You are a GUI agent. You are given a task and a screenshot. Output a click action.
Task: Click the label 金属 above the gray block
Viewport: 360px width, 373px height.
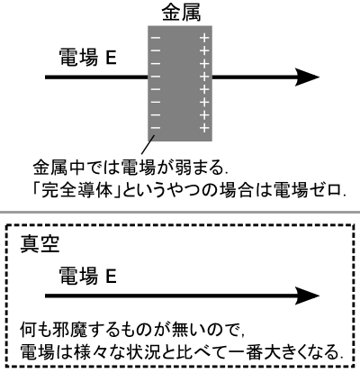tap(182, 14)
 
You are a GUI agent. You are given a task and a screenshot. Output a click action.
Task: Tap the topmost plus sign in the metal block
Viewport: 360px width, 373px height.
tap(204, 38)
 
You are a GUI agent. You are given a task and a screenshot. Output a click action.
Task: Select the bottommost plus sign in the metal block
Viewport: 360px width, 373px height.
tap(204, 128)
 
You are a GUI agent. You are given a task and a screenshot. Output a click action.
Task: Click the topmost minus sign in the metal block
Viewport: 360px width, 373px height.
tap(156, 38)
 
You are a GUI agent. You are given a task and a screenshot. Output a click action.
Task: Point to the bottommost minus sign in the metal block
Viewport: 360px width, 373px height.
tap(156, 128)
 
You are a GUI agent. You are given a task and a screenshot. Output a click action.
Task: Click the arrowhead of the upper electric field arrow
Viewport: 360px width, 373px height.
tap(307, 77)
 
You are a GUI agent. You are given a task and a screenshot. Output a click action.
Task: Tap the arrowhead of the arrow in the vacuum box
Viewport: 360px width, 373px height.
tap(307, 296)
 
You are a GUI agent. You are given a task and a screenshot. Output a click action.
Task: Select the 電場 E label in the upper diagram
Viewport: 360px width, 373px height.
tap(87, 58)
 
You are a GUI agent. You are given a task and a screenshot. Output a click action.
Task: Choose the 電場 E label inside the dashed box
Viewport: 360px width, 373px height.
tap(87, 276)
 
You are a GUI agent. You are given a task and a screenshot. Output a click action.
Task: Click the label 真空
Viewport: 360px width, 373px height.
tap(40, 244)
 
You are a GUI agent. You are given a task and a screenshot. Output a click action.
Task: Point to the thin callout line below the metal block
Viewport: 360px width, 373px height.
tap(148, 145)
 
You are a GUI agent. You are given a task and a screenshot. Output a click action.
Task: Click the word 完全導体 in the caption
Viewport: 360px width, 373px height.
tap(76, 190)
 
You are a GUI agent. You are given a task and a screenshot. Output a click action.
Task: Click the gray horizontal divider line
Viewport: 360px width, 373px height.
tap(180, 213)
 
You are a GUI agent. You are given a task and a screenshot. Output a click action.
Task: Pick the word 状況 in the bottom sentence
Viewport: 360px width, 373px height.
tap(158, 352)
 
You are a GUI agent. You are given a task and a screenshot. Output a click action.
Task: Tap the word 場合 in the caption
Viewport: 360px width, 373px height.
tap(236, 190)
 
